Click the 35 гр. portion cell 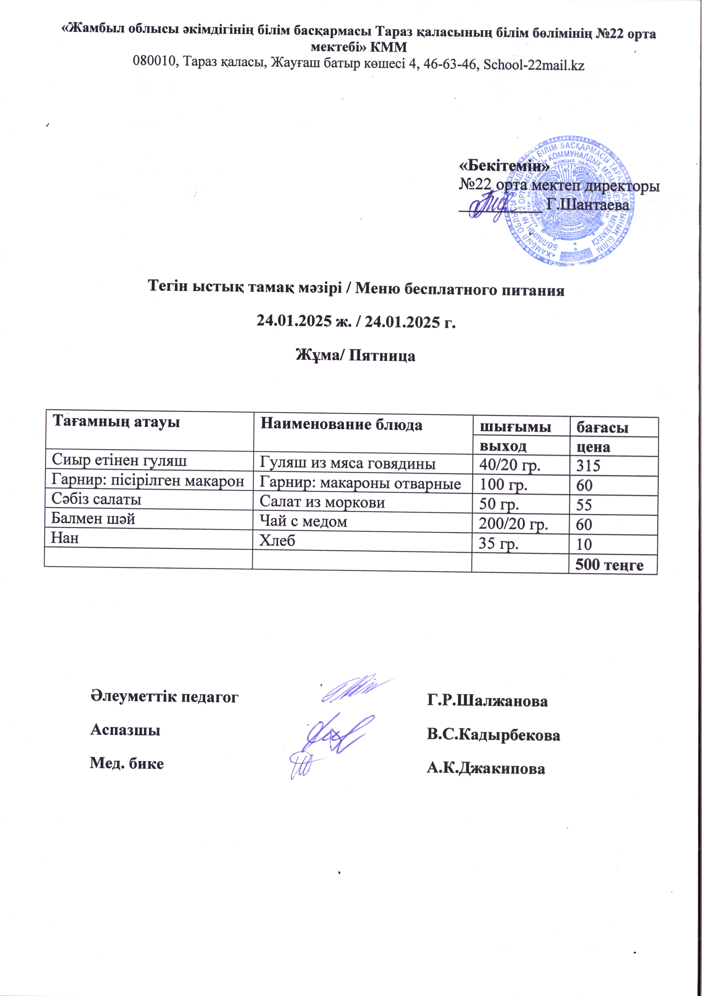point(498,544)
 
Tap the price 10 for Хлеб point(584,545)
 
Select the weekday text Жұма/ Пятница point(355,356)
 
